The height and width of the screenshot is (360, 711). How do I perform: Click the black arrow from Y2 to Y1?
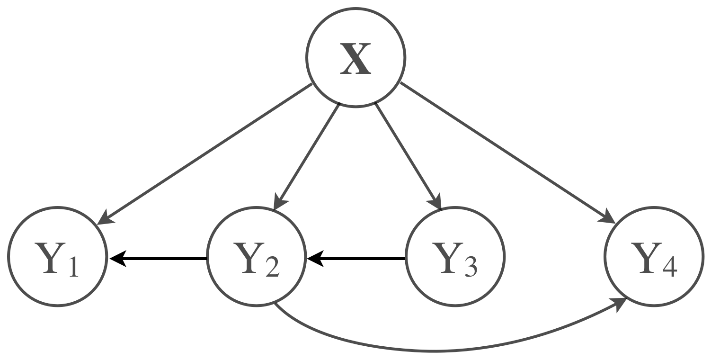click(x=161, y=259)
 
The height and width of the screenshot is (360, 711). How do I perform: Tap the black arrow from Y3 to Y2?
click(x=360, y=259)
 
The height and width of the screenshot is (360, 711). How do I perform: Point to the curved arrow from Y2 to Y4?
click(x=426, y=351)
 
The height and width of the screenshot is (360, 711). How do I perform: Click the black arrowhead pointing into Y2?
click(x=314, y=259)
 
